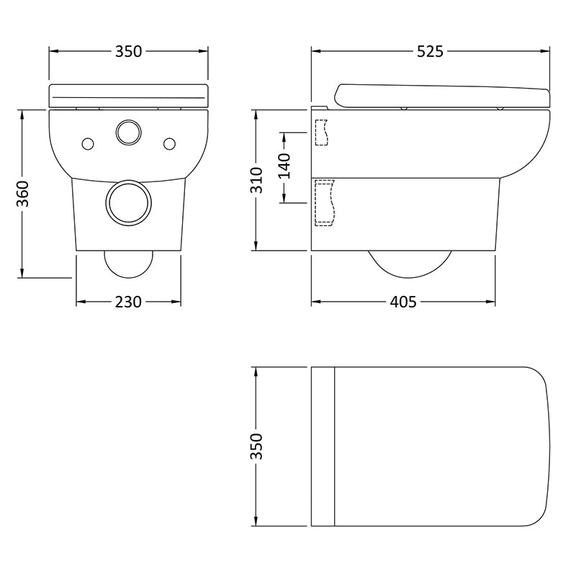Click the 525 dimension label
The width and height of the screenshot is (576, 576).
coord(429,51)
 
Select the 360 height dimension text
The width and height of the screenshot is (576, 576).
coord(23,193)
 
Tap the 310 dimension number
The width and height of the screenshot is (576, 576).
coord(256,179)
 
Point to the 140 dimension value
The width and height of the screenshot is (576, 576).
coord(284,166)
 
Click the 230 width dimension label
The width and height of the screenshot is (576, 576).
coord(128,302)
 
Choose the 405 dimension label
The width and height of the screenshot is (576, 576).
coord(403,302)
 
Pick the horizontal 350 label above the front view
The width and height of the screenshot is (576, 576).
coord(128,51)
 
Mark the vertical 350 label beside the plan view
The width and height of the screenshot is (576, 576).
coord(256,446)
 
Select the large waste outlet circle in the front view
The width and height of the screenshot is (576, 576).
coord(128,202)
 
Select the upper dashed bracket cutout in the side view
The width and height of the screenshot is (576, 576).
coord(321,131)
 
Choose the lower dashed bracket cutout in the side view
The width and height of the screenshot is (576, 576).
coord(325,202)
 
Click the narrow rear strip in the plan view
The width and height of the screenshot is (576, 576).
coord(323,446)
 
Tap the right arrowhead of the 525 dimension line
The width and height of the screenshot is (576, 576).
coord(546,51)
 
